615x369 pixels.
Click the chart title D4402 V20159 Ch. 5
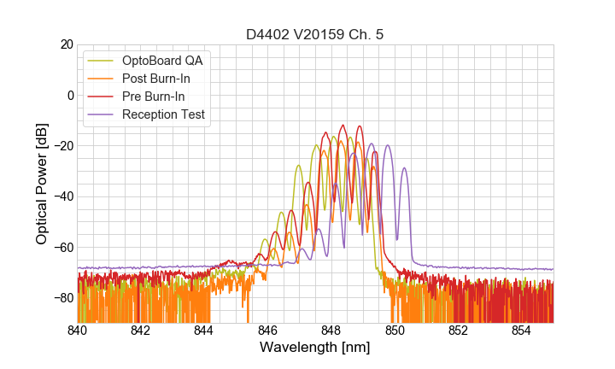click(315, 34)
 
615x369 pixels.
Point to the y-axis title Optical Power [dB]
click(42, 184)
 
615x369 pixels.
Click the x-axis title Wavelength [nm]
click(315, 348)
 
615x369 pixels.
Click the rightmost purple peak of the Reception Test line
click(404, 168)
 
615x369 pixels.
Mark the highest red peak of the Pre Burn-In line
click(343, 126)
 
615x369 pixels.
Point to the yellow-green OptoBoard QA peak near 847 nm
click(298, 166)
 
